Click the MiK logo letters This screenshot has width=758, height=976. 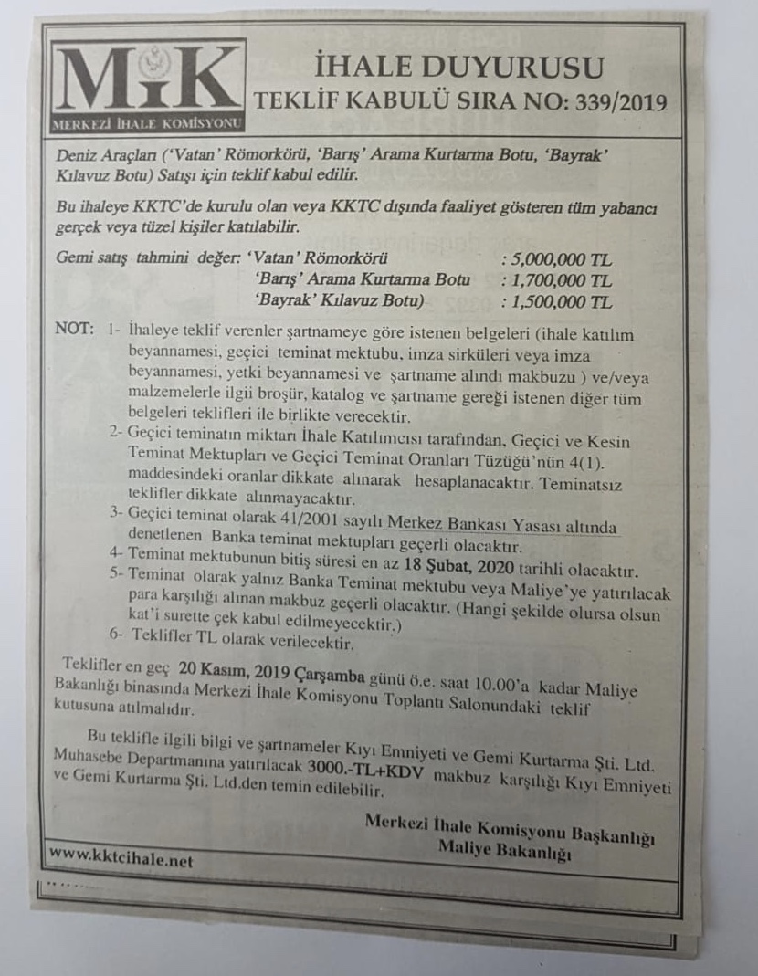click(x=148, y=79)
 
